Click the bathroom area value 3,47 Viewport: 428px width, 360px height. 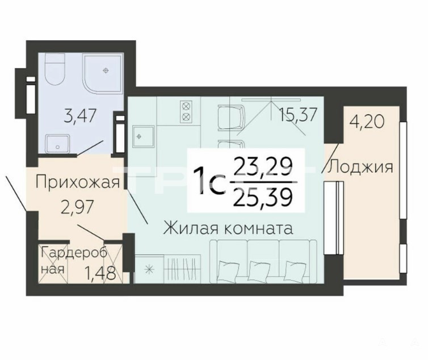tap(79, 116)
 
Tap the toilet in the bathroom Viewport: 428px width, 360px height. tap(54, 69)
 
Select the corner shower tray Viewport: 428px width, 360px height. tap(103, 73)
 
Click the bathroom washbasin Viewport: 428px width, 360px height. tap(57, 144)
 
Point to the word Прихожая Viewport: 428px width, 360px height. tap(78, 182)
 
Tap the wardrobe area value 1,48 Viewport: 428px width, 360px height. tap(100, 273)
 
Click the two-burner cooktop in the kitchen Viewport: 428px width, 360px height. tap(186, 111)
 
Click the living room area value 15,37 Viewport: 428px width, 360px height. tap(298, 115)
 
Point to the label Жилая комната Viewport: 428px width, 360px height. tap(228, 228)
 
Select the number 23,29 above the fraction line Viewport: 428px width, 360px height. tap(263, 166)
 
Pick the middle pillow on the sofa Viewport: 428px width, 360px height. tap(260, 269)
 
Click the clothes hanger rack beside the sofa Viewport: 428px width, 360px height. tap(182, 268)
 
